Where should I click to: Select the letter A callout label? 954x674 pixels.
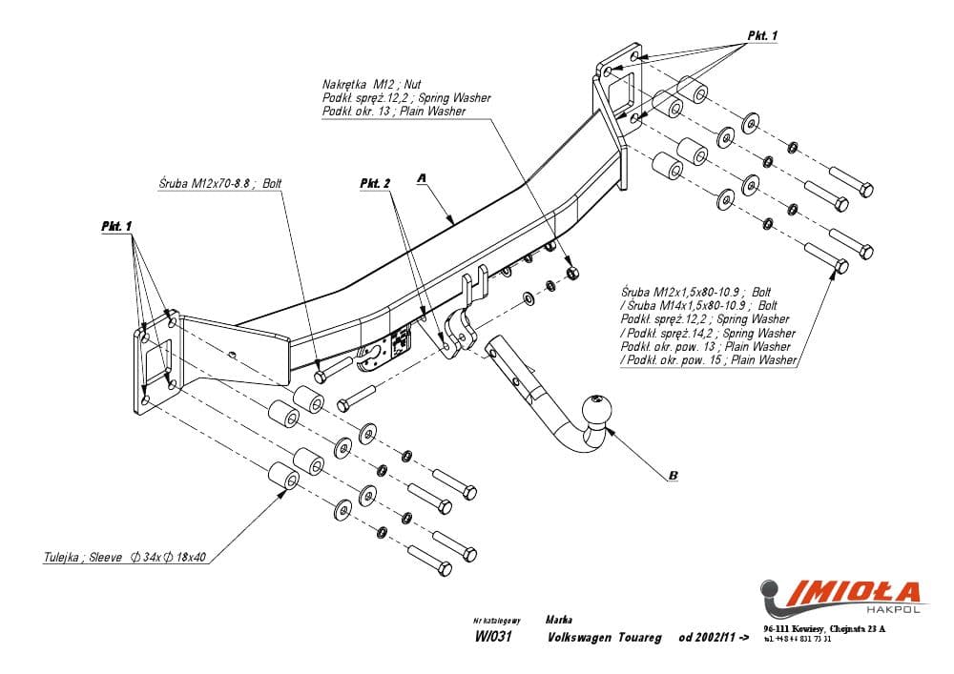tap(420, 178)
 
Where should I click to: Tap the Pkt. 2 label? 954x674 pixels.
tap(375, 183)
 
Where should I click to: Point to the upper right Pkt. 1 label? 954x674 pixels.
tap(761, 35)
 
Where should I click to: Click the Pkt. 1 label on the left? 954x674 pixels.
tap(116, 226)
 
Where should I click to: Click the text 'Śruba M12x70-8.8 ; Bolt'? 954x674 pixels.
tap(220, 183)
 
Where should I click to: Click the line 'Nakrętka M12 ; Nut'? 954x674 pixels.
tap(371, 84)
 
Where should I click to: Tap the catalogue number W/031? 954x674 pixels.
tap(493, 639)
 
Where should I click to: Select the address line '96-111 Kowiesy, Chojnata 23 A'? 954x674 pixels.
tap(824, 628)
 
